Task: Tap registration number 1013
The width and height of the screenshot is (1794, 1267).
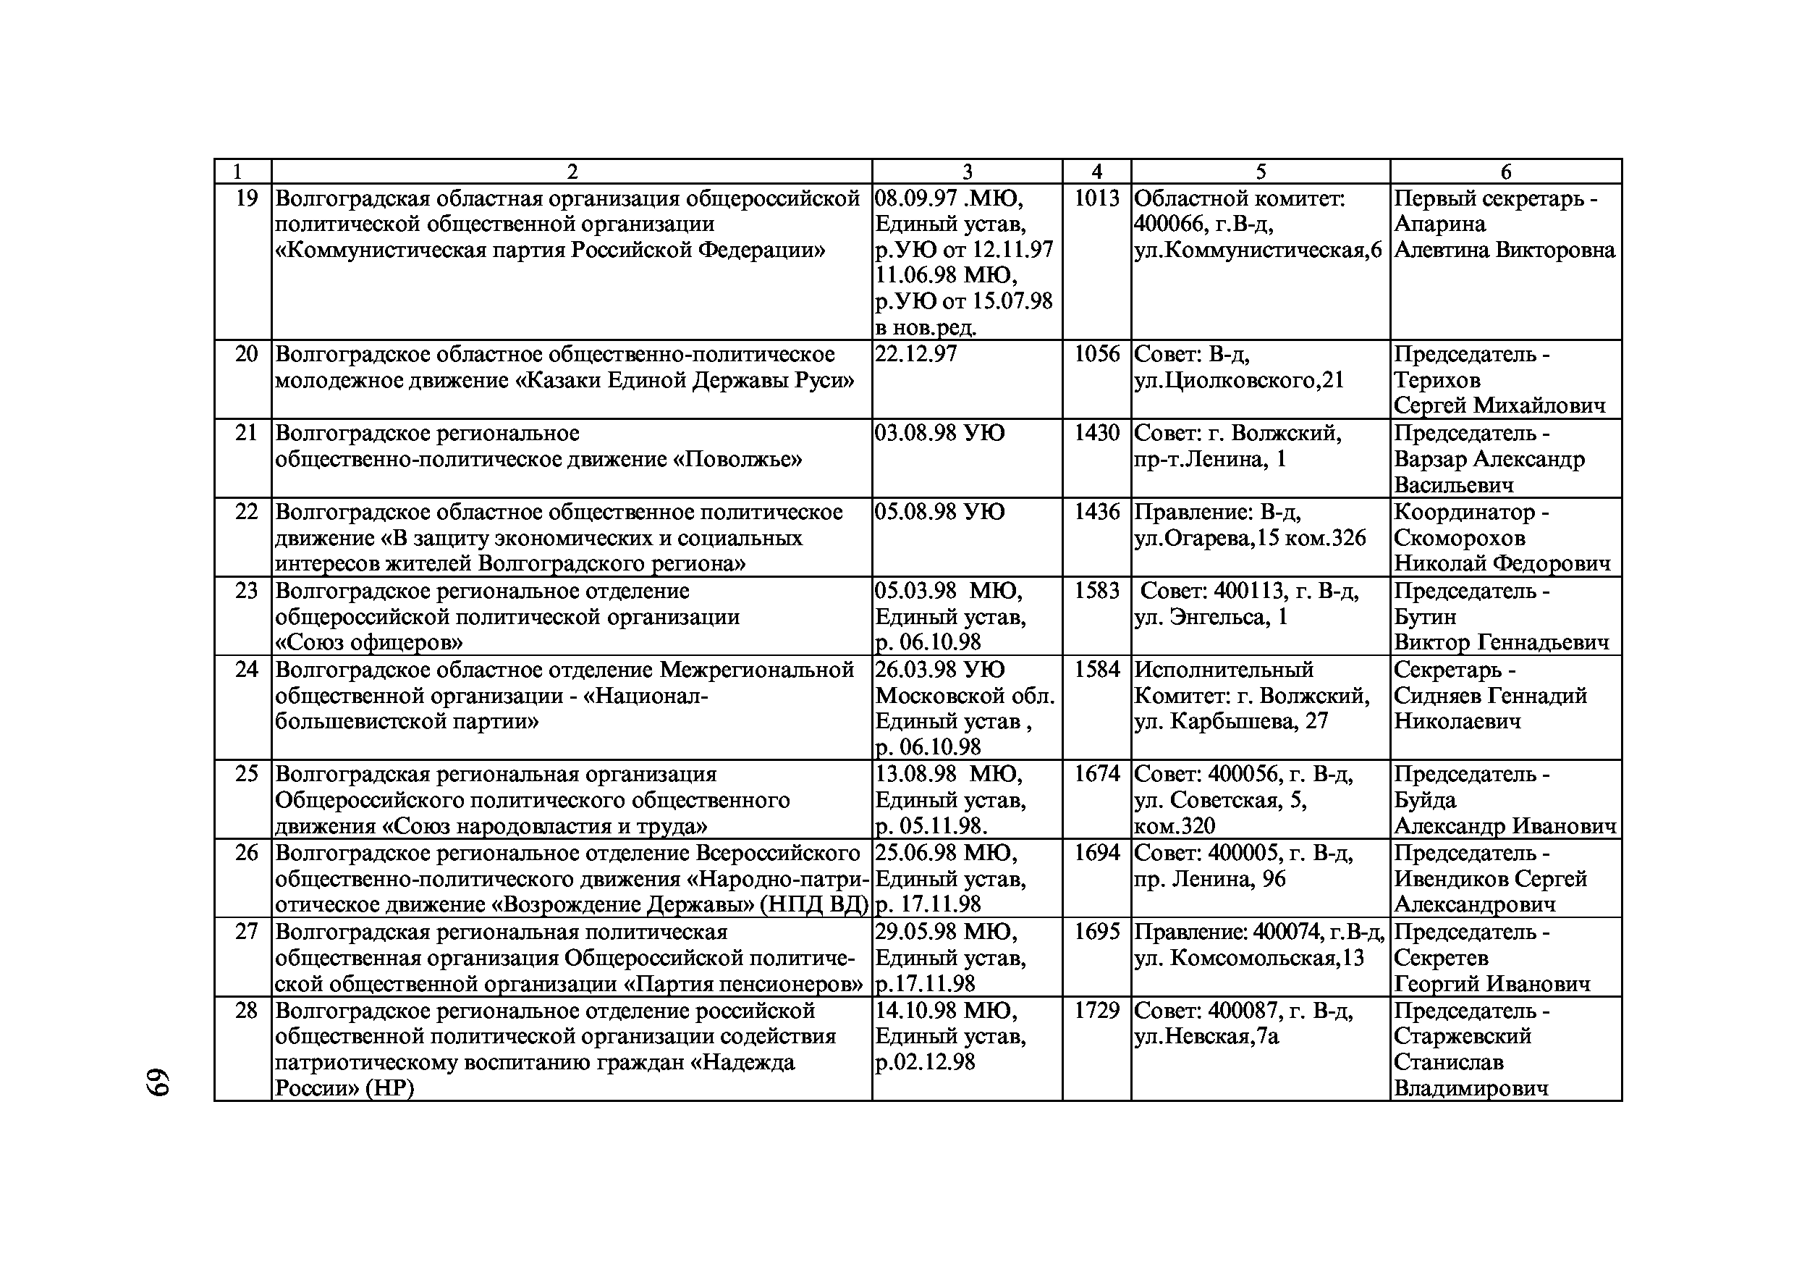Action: point(1096,198)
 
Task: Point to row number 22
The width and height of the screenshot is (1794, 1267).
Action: point(246,512)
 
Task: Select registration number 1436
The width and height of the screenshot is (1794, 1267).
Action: point(1096,512)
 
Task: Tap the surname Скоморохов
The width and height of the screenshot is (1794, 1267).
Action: point(1460,539)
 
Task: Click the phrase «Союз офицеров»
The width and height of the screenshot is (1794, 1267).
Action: point(369,643)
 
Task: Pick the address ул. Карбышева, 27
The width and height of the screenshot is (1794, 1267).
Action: point(1231,721)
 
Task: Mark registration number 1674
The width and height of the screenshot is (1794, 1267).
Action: point(1096,775)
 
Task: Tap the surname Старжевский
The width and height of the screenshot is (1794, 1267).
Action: point(1463,1037)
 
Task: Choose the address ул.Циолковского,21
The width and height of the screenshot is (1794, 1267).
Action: point(1238,382)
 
